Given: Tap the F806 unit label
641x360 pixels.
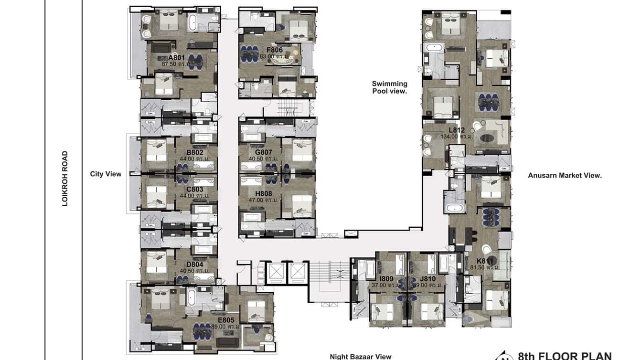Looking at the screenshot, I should (275, 50).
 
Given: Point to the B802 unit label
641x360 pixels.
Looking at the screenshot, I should (195, 153).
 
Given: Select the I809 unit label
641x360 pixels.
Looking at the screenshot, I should (386, 278).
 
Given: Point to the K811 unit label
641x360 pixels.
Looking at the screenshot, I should (485, 261).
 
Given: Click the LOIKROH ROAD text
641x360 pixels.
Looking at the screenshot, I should (65, 179).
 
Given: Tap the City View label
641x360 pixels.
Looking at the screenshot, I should (106, 174).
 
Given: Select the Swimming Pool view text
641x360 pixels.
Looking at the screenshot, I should (389, 87).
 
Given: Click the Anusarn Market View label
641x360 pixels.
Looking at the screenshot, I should (565, 175).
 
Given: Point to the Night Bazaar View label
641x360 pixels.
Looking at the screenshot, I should (361, 356).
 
